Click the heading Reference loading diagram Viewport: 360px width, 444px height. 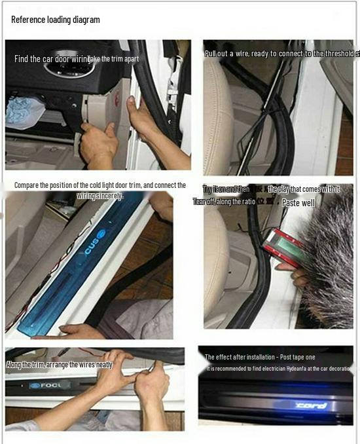56,20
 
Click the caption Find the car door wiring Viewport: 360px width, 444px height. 50,59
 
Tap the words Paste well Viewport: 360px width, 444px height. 298,203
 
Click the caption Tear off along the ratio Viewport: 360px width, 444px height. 224,202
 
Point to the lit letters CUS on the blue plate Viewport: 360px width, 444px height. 89,246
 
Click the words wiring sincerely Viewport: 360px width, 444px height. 100,195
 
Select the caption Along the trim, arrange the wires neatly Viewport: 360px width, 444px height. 55,365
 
